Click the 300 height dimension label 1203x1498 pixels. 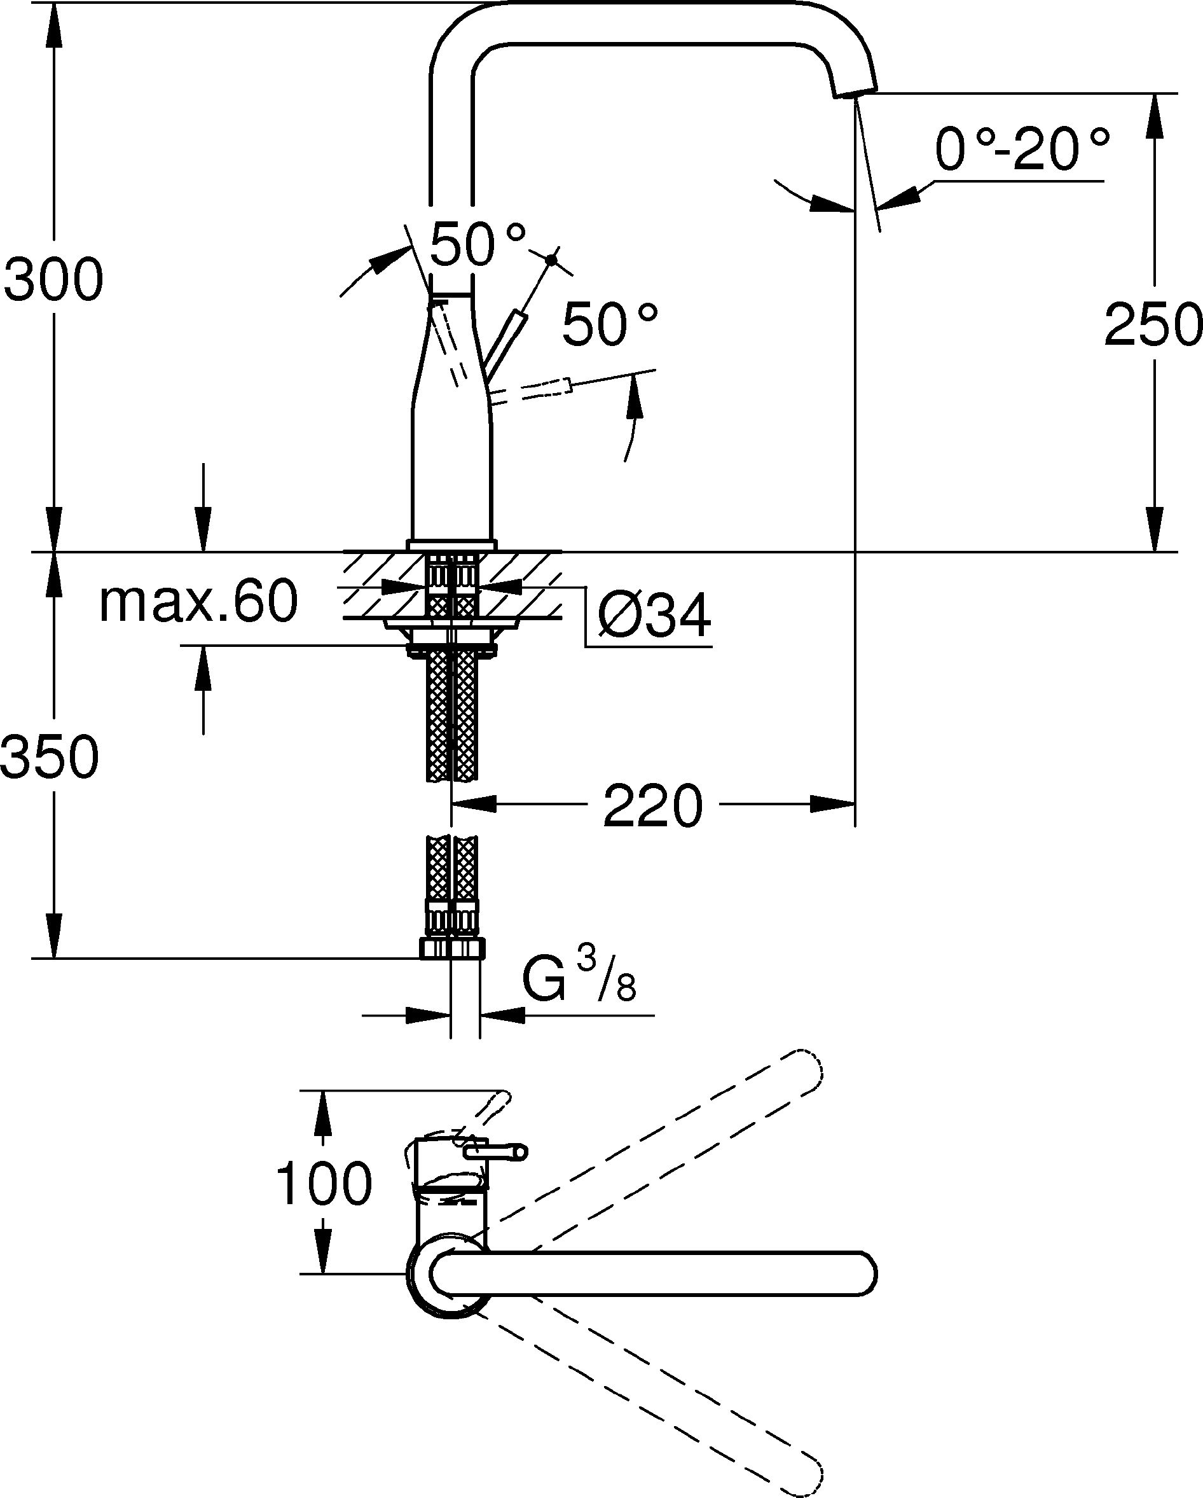click(x=53, y=279)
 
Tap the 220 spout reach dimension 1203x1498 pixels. click(x=652, y=806)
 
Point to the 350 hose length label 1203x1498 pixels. click(x=50, y=757)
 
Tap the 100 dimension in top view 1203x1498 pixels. click(x=324, y=1184)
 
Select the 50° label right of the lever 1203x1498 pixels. click(x=610, y=324)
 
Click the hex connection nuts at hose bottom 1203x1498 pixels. click(x=452, y=948)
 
